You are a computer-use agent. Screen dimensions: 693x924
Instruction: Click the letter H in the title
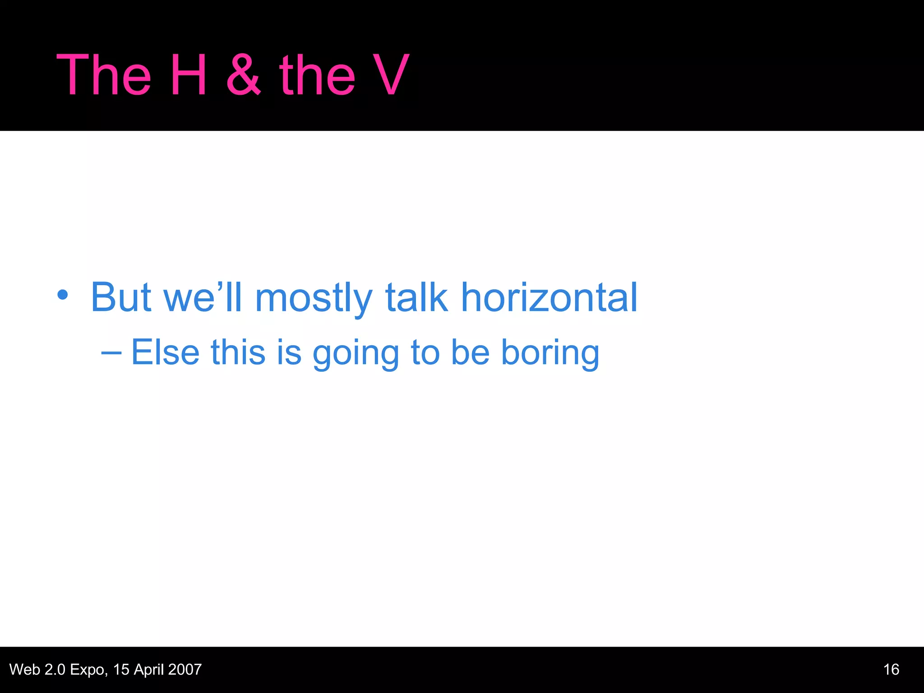coord(189,75)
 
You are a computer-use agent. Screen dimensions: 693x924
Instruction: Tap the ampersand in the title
coord(244,75)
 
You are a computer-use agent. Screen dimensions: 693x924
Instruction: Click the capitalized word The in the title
coord(104,75)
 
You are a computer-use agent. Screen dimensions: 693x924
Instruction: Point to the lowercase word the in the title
coord(317,75)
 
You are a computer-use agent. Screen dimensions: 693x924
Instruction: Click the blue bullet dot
coord(63,296)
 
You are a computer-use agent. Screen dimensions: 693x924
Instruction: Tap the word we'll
coord(203,297)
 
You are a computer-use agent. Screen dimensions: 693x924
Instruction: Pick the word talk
coord(416,297)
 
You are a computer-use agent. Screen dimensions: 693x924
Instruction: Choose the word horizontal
coord(549,297)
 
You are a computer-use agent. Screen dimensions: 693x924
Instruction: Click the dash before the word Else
coord(111,352)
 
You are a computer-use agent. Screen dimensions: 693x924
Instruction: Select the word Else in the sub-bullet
coord(165,352)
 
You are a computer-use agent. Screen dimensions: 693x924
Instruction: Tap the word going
coord(356,354)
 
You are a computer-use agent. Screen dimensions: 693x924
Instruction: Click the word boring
coord(550,354)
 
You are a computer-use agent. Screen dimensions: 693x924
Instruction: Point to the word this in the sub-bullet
coord(238,352)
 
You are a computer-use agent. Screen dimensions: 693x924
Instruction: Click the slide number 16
coord(891,670)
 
